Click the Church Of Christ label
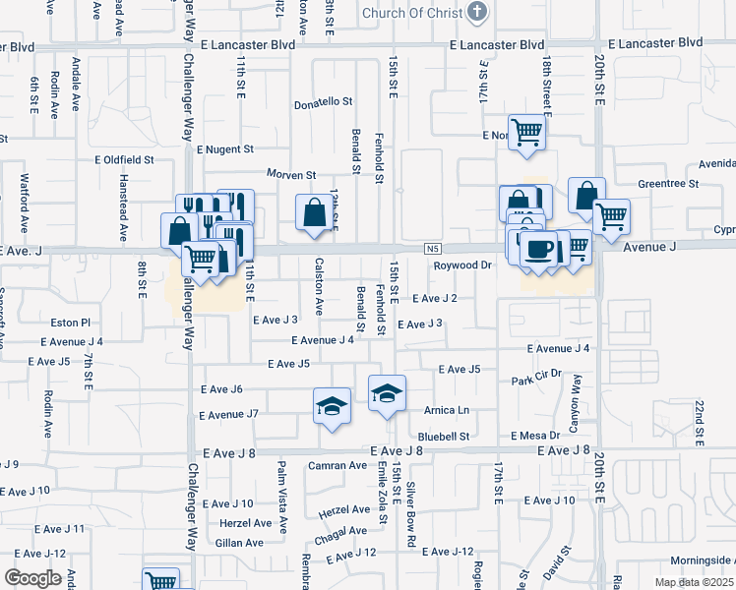(411, 13)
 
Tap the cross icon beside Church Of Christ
(476, 13)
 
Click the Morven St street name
(284, 175)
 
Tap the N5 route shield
(433, 248)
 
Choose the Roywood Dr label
(462, 265)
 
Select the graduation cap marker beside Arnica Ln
(388, 393)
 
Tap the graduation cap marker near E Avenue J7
(333, 405)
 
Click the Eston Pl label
(71, 322)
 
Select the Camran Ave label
(337, 465)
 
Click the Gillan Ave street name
(240, 542)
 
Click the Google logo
(32, 578)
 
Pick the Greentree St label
(667, 183)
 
